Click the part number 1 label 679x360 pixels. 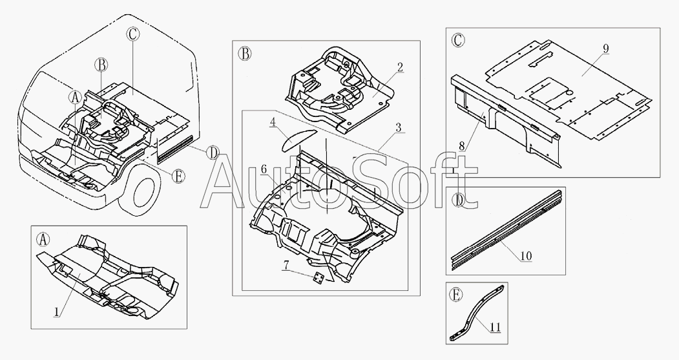[56, 311]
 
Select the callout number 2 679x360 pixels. [400, 67]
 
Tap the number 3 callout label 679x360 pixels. [399, 128]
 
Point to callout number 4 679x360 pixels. [273, 122]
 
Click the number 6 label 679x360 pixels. [264, 170]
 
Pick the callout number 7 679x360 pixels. [286, 265]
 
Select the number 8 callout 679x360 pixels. [462, 146]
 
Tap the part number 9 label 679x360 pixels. [606, 48]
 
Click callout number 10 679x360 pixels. [526, 256]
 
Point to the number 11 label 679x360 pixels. [496, 327]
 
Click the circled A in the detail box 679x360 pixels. [43, 238]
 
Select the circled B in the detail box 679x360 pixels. [245, 54]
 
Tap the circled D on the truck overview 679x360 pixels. [212, 153]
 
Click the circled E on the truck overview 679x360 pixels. [178, 176]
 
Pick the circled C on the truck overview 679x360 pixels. [133, 34]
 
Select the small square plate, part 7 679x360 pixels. [320, 279]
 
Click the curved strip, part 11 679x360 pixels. [475, 313]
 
